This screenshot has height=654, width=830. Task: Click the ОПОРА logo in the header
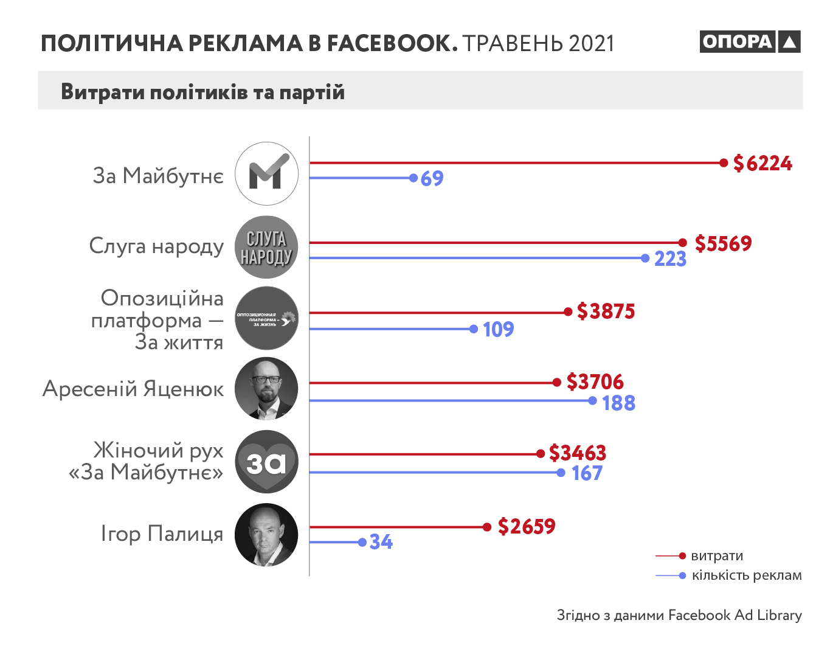point(749,41)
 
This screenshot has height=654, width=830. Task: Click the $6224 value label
point(763,163)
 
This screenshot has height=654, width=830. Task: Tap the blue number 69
point(432,179)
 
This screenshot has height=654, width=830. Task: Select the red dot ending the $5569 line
point(683,243)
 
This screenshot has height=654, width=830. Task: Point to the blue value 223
point(670,259)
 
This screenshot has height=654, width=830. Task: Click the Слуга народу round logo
point(266,248)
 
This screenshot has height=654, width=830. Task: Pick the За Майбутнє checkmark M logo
point(266,174)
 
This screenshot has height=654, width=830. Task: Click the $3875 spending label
point(606,311)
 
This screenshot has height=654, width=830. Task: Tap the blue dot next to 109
point(474,329)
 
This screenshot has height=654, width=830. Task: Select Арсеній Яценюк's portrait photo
point(266,389)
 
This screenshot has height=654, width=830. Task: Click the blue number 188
point(618,403)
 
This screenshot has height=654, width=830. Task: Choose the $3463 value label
point(577,453)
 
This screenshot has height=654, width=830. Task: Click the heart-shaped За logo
point(266,462)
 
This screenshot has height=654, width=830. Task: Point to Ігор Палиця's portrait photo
point(266,535)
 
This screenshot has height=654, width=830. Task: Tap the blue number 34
point(381,542)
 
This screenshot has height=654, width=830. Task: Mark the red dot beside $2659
point(486,527)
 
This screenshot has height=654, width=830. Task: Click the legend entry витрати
point(717,556)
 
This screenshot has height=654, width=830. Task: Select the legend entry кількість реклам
point(746,576)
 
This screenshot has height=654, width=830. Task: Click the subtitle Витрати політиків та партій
point(202,92)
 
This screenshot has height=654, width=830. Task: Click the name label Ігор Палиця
point(162,534)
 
